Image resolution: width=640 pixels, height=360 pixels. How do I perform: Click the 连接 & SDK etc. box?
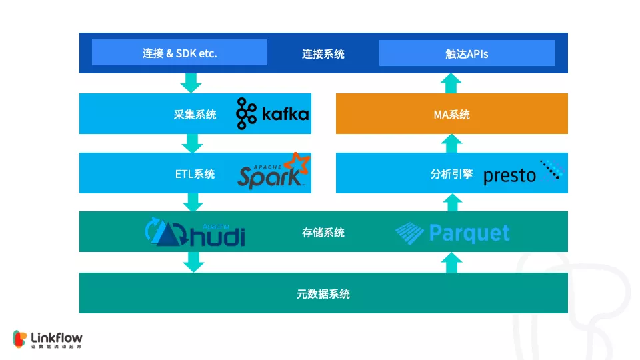tap(179, 53)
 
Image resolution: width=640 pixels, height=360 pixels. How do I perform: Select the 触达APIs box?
tap(467, 53)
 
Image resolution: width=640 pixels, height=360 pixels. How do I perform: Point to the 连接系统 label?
tap(323, 53)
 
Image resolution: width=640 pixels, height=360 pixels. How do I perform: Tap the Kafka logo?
tap(273, 113)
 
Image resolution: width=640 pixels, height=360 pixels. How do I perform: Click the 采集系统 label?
tap(195, 114)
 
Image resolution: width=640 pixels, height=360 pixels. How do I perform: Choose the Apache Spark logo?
tap(274, 172)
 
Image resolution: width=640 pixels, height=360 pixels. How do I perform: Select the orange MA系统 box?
tap(451, 114)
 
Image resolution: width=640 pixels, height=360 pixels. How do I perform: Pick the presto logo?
tap(523, 173)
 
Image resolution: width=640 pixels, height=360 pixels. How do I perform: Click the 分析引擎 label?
tap(451, 174)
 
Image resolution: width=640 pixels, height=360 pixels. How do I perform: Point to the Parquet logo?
tap(453, 233)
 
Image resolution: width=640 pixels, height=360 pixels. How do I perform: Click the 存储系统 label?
tap(323, 233)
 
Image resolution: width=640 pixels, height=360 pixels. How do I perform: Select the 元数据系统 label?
tap(323, 293)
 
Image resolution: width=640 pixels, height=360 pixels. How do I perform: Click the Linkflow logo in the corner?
tap(47, 339)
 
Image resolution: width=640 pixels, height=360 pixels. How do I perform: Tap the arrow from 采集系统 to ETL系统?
tap(193, 143)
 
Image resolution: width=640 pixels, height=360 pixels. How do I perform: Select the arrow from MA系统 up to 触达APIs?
tap(451, 83)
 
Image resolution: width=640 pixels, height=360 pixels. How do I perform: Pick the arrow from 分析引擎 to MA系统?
tap(451, 143)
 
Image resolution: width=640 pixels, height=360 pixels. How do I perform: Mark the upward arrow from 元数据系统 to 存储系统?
tap(451, 262)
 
